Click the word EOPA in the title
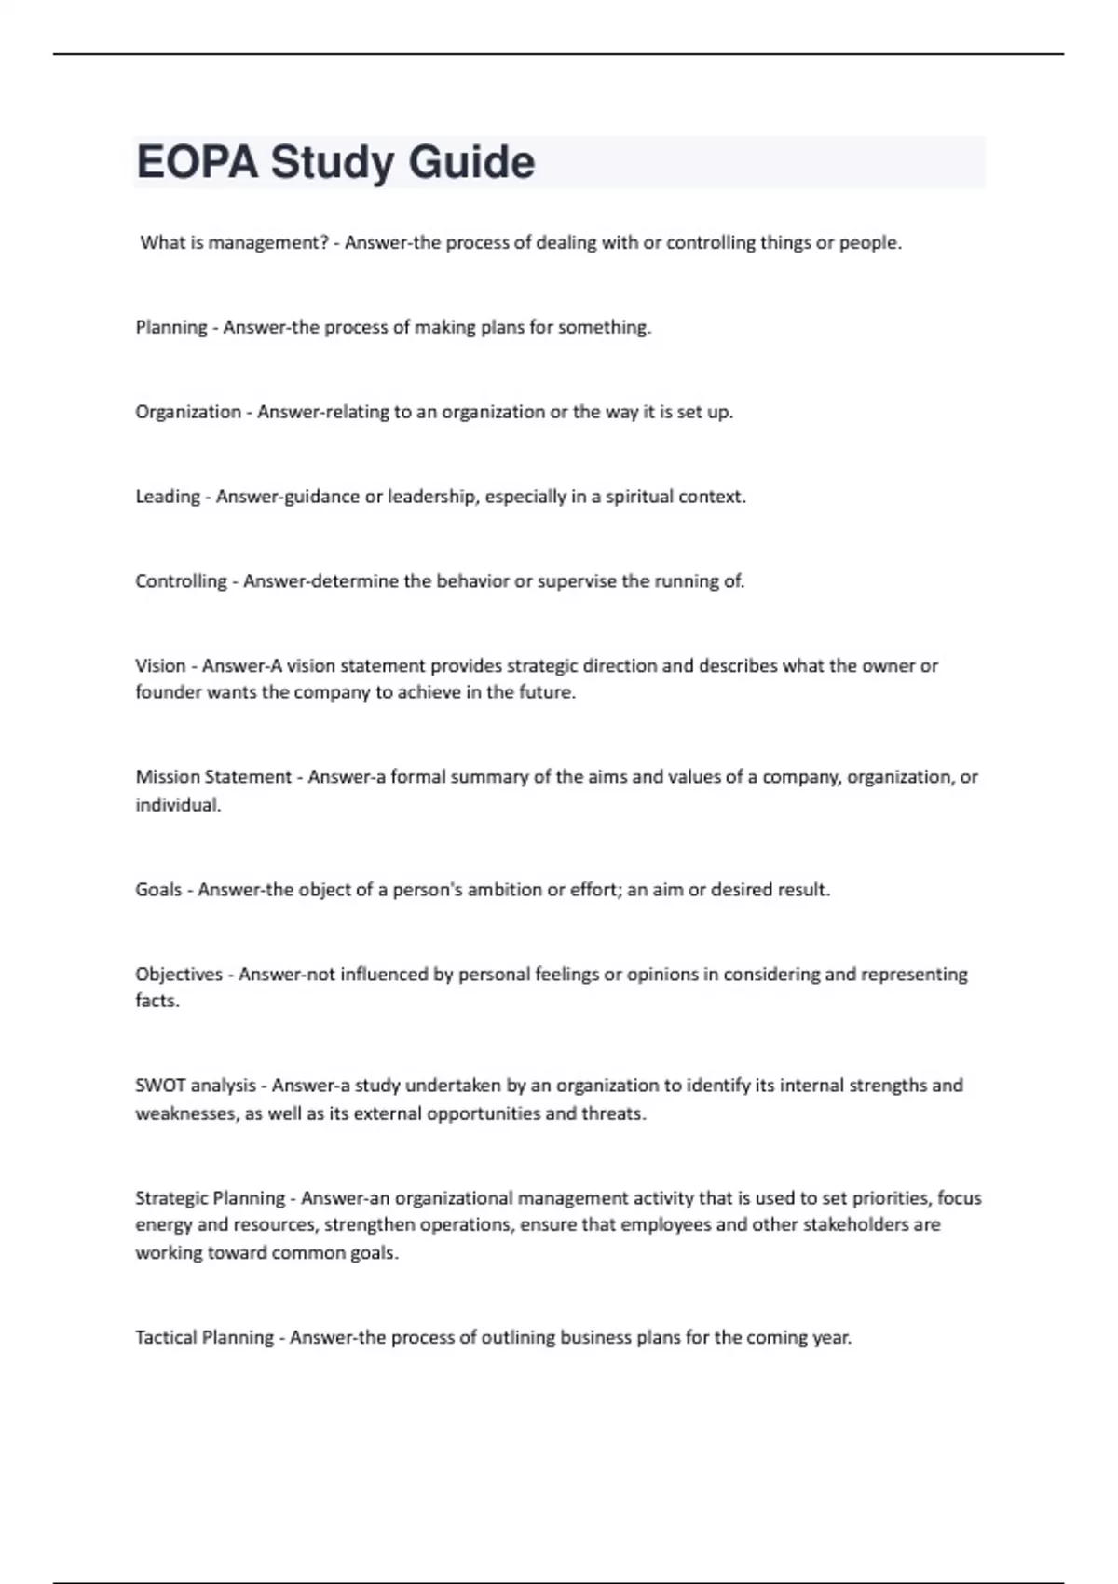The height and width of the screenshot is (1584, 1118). point(197,162)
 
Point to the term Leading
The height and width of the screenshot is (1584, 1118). point(168,497)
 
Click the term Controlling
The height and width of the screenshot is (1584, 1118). point(181,581)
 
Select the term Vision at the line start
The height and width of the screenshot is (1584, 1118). point(160,666)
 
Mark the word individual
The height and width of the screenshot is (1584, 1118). point(178,805)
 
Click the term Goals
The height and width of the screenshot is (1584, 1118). point(158,890)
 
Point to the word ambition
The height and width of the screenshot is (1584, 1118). point(504,890)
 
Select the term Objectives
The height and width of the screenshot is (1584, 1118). point(179,975)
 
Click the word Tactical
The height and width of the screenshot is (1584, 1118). point(166,1338)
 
